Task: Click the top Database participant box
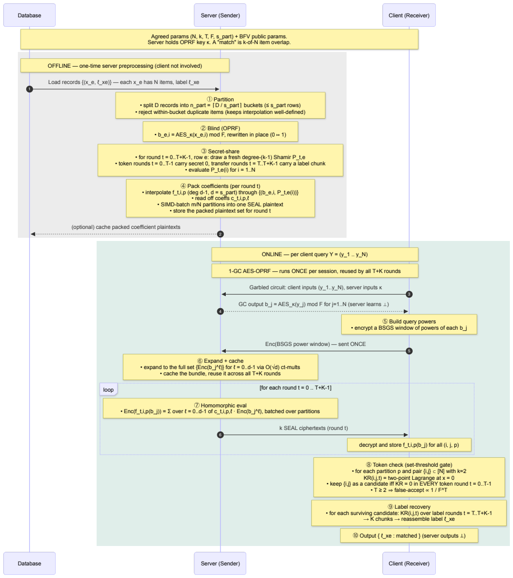pos(29,15)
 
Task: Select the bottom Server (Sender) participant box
pos(220,563)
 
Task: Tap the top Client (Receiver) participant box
pos(409,15)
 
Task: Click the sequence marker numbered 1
pos(29,89)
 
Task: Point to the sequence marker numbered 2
pos(220,234)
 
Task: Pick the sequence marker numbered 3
pos(409,294)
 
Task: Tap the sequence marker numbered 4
pos(220,311)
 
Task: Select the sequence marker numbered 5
pos(409,351)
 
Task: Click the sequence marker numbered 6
pos(220,435)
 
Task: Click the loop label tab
pos(108,390)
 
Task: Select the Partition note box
pos(220,106)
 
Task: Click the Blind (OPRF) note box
pos(220,132)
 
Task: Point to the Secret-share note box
pos(220,160)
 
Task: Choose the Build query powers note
pos(409,324)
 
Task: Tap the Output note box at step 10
pos(409,535)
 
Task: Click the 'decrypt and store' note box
pos(409,445)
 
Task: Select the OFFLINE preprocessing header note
pos(124,66)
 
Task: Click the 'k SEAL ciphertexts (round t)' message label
pos(313,428)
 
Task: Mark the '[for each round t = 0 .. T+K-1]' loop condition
pos(296,388)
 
